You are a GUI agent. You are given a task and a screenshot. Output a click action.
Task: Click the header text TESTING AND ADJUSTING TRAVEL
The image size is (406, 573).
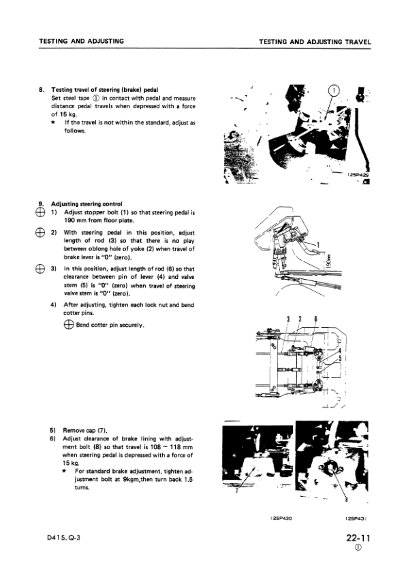pos(315,42)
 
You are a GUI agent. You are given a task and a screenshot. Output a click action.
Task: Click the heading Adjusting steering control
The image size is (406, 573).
pos(87,203)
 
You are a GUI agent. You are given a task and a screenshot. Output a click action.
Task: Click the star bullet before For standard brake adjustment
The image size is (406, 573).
pos(63,470)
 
